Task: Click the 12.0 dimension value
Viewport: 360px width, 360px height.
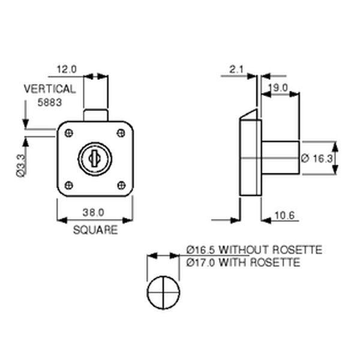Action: pos(67,69)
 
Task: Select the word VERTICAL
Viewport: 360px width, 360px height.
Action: pos(50,89)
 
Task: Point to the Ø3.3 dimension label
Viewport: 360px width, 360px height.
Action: pos(20,165)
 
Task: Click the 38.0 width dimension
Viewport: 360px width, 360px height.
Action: pos(94,212)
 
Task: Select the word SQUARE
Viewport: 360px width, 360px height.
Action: pos(95,230)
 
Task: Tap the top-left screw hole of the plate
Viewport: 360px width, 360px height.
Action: pos(70,133)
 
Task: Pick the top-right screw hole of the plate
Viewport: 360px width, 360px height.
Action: pos(121,133)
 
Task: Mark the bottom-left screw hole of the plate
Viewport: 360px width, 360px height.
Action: pos(70,184)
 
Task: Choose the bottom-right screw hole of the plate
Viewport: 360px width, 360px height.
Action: pos(121,184)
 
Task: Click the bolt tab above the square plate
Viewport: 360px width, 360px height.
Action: pos(95,115)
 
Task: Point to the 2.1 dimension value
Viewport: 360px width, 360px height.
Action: pos(236,70)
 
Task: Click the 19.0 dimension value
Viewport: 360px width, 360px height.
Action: pos(279,88)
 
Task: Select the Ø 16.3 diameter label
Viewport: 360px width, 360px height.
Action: pos(315,158)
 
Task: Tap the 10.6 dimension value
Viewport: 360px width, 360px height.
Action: pos(282,215)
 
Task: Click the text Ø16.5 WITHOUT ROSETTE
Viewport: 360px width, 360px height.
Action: pos(254,250)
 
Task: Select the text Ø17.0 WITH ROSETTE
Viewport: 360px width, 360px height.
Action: pos(243,262)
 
